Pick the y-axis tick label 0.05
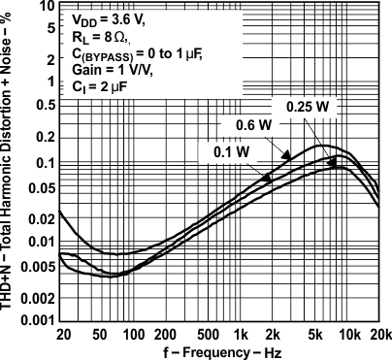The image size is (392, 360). pos(41,185)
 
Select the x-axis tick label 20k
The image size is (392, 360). pos(379,335)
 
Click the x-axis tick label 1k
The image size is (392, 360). pos(238,335)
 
